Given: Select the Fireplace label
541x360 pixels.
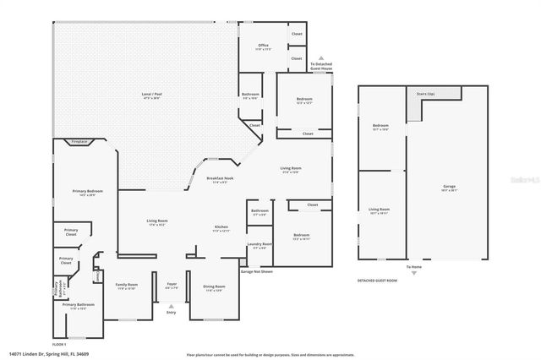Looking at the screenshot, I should tap(79, 141).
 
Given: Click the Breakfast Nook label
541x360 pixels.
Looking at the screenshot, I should tap(220, 178).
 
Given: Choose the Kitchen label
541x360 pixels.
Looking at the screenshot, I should tap(221, 228).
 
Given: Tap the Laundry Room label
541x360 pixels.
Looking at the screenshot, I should tap(259, 246).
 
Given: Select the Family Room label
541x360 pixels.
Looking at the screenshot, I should tap(126, 286).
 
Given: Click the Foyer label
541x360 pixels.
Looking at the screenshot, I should tap(172, 286).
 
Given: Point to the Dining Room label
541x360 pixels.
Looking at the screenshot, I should tap(213, 287).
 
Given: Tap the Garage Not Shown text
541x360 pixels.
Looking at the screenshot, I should tap(256, 271).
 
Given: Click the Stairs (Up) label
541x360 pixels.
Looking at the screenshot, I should tap(424, 94).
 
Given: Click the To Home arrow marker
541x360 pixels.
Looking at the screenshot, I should tap(413, 271).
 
